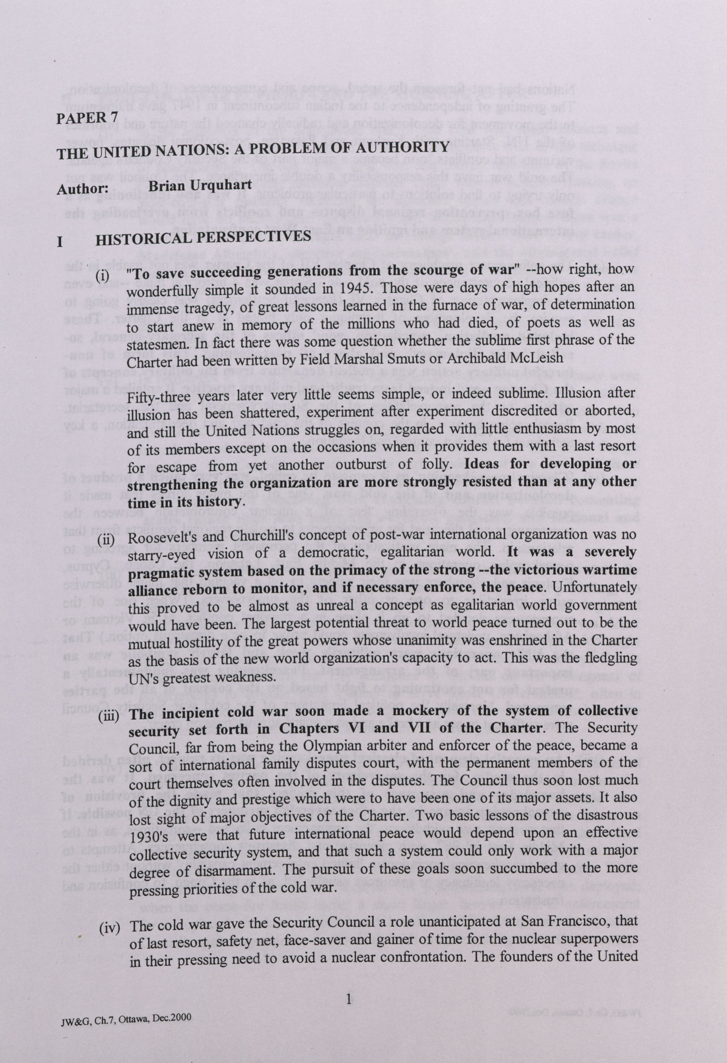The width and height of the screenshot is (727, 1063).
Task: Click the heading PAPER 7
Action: click(x=87, y=118)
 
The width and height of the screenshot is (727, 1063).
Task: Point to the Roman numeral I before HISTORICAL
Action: click(x=60, y=241)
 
